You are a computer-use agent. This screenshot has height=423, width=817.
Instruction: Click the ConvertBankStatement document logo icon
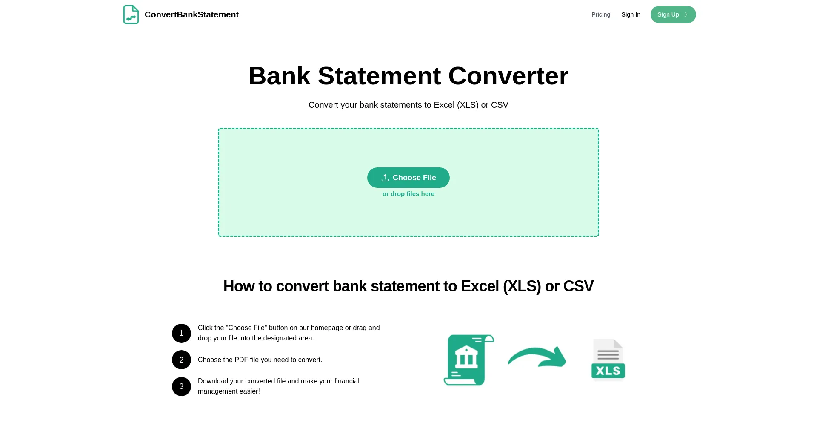[x=131, y=14]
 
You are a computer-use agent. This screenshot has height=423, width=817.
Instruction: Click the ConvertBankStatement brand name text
[x=191, y=14]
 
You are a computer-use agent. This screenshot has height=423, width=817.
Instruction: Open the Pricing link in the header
[x=600, y=14]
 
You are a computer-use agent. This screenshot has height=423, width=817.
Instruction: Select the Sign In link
[x=631, y=14]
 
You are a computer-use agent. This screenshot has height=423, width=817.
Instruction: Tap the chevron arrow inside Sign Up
[x=686, y=14]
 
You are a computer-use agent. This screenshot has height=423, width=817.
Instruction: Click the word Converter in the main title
[x=508, y=76]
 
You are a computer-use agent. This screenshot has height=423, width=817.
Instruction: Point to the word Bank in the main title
[x=279, y=76]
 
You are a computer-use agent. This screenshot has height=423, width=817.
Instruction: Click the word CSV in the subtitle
[x=500, y=105]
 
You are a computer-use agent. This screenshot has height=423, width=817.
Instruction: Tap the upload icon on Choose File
[x=385, y=178]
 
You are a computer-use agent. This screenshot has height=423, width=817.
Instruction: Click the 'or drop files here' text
[x=408, y=194]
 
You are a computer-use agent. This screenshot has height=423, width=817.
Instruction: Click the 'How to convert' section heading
[x=408, y=286]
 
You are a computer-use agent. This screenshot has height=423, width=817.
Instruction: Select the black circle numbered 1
[x=181, y=333]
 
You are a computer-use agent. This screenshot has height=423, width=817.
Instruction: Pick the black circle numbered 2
[x=181, y=360]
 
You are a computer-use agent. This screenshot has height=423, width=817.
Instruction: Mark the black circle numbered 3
[x=181, y=386]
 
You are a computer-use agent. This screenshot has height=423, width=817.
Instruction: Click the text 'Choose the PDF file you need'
[x=260, y=360]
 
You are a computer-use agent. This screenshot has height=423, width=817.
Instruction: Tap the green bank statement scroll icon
[x=468, y=360]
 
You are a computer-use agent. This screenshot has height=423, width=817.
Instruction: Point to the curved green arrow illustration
[x=537, y=357]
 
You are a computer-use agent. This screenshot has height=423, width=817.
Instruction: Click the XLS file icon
[x=608, y=359]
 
